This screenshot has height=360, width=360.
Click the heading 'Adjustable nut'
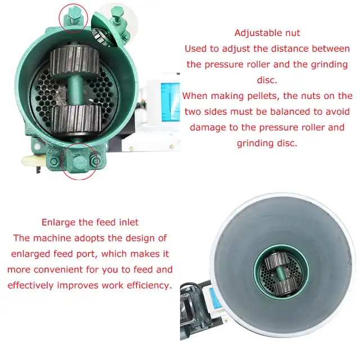267,33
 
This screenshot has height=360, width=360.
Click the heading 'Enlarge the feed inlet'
90,222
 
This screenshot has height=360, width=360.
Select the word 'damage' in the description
211,128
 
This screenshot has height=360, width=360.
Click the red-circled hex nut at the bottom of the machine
78,163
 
